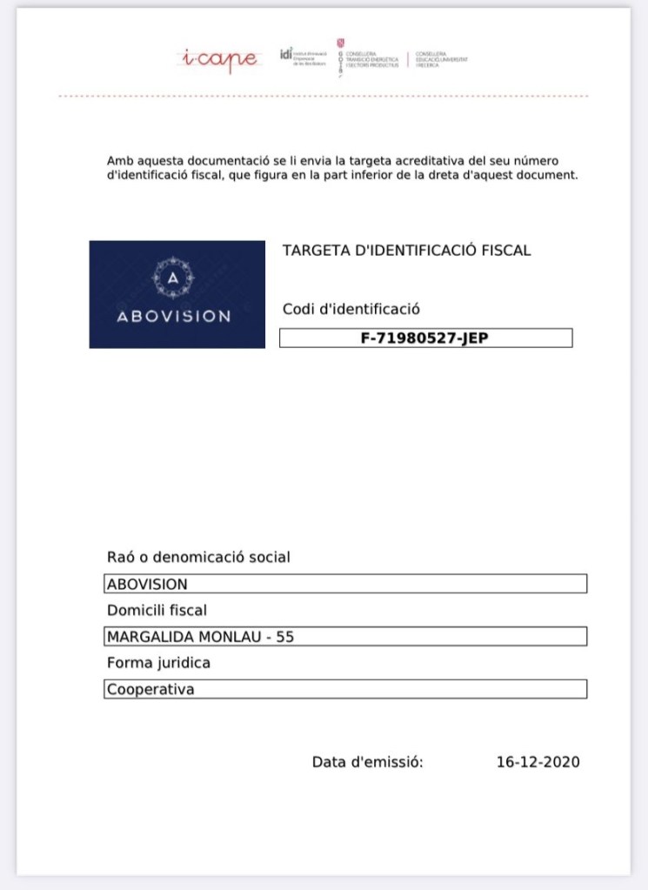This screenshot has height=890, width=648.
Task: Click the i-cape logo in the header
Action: point(218,58)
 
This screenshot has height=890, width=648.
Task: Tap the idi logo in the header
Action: point(286,54)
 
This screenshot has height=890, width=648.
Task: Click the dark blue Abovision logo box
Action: point(177,294)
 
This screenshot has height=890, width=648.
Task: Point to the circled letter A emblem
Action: point(174,278)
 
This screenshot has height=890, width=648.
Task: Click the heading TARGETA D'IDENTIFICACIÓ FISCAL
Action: point(406,251)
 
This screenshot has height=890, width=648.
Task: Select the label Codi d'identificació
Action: point(351,309)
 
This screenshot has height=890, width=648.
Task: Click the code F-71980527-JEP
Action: point(424,338)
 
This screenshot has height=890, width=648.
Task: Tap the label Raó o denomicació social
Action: point(198,557)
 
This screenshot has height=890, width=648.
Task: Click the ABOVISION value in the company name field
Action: point(147,584)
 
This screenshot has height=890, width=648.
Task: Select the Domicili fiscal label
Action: point(157,610)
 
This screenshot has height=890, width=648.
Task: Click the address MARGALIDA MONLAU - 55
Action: point(200,637)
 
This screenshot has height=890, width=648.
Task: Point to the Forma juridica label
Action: point(158,663)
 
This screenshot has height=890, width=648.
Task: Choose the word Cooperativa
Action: point(150,690)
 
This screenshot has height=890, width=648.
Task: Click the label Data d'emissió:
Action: point(367,762)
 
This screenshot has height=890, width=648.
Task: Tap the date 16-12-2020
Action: point(538,762)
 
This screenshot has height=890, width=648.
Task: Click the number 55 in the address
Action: point(284,637)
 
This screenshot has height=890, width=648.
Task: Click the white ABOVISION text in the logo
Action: point(174,316)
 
